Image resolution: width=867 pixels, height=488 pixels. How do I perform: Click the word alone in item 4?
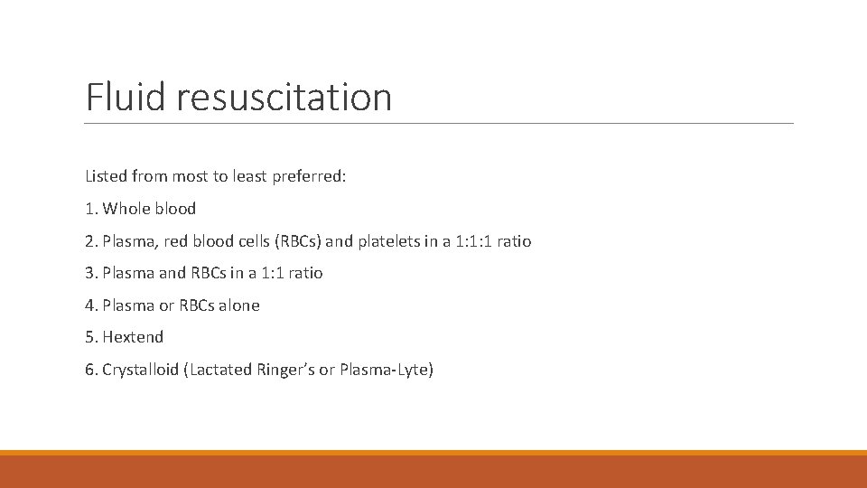pos(238,305)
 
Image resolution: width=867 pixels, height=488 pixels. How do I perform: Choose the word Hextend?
pos(133,337)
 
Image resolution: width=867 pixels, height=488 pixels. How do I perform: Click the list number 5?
pos(89,337)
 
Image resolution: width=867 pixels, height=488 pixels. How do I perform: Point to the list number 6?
pos(89,370)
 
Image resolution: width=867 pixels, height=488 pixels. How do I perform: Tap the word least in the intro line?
pos(230,176)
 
